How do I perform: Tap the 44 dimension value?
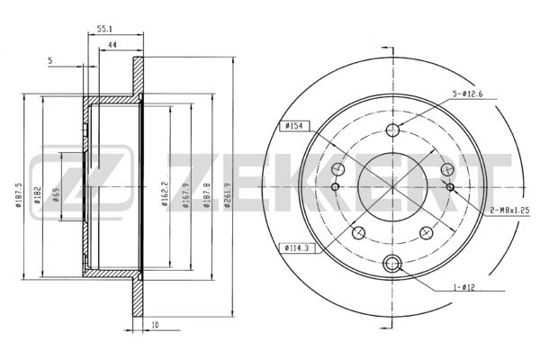112,45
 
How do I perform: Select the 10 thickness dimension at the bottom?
156,325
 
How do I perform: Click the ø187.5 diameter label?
19,194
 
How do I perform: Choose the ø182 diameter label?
38,195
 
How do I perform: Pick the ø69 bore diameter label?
57,195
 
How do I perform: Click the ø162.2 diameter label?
165,194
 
